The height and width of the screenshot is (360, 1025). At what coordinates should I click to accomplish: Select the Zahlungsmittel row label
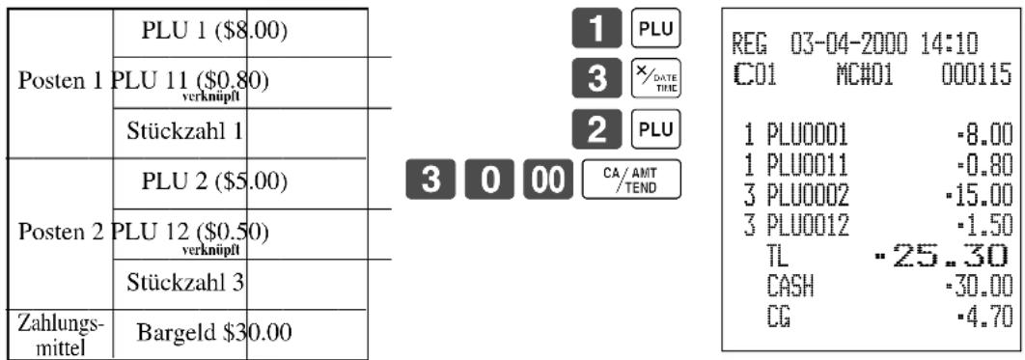point(60,333)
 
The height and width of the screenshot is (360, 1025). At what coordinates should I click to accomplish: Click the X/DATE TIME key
point(655,78)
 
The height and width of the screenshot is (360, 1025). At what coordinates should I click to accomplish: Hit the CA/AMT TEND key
point(631,179)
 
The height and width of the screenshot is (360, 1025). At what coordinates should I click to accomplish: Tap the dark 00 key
point(545,179)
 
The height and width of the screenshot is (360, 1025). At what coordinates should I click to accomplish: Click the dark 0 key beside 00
point(487,179)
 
